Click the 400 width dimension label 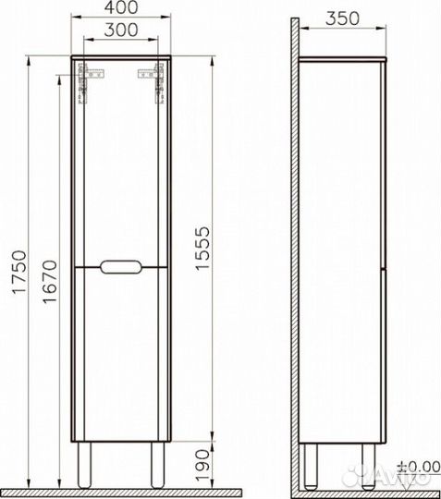123,9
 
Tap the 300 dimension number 123,30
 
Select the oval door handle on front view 123,267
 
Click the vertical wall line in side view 295,249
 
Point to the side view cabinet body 339,249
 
